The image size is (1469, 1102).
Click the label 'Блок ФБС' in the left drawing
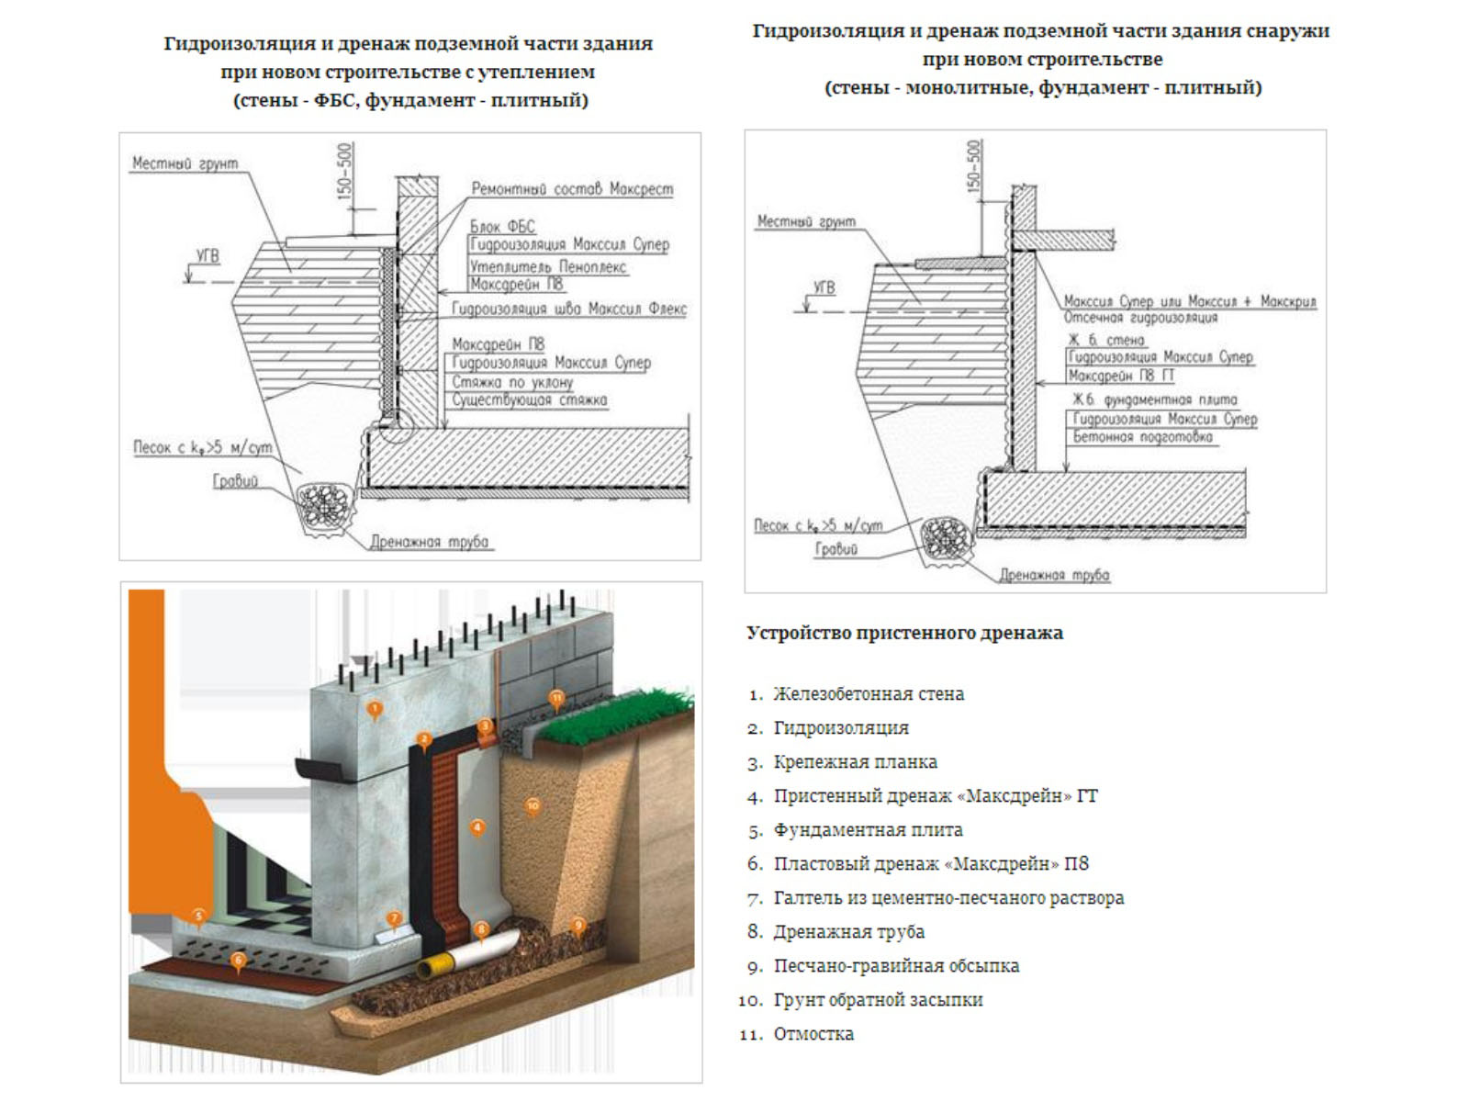point(501,226)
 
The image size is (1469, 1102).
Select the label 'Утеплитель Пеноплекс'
point(548,266)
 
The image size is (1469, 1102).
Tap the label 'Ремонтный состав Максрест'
point(572,189)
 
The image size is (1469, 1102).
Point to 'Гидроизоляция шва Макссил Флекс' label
point(569,309)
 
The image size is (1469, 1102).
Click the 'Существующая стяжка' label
point(529,400)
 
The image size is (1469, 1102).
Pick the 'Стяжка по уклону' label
point(512,382)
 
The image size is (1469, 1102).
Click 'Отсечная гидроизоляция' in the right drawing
point(1140,318)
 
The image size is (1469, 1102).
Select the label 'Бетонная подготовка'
point(1142,437)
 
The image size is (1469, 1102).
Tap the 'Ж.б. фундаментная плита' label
point(1155,399)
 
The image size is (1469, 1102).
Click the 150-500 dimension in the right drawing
point(973,166)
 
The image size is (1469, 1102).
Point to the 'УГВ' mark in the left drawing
point(207,256)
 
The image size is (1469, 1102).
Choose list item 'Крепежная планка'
point(855,762)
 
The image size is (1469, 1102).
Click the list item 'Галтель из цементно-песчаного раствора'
point(948,898)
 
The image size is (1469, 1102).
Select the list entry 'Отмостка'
point(813,1034)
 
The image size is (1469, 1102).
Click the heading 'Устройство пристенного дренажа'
point(904,633)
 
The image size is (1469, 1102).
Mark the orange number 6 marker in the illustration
point(239,961)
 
